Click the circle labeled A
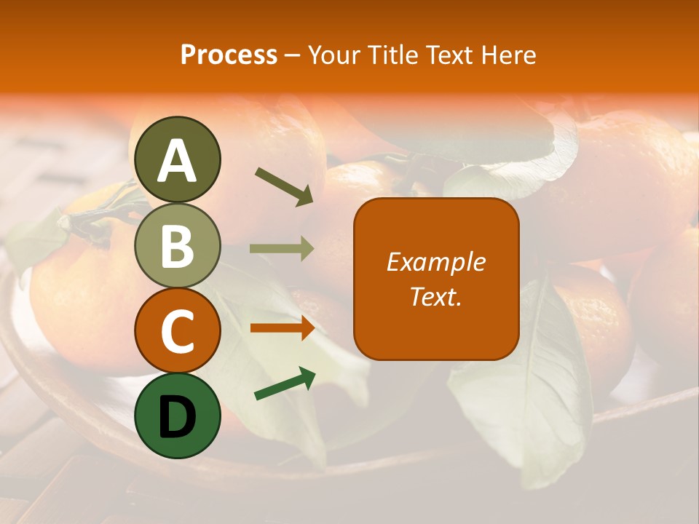pyautogui.click(x=178, y=159)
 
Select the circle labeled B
pyautogui.click(x=178, y=245)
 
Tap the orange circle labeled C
pyautogui.click(x=178, y=330)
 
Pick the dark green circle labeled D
pyautogui.click(x=178, y=416)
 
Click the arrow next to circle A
pyautogui.click(x=284, y=185)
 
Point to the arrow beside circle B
pyautogui.click(x=282, y=249)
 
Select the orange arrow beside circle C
pyautogui.click(x=282, y=327)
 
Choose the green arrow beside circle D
pyautogui.click(x=285, y=384)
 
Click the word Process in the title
pyautogui.click(x=229, y=55)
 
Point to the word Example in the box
pyautogui.click(x=435, y=262)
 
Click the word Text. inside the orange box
pyautogui.click(x=435, y=296)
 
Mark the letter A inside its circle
pyautogui.click(x=178, y=161)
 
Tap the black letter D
pyautogui.click(x=178, y=416)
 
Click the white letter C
pyautogui.click(x=178, y=331)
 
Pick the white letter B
pyautogui.click(x=178, y=246)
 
